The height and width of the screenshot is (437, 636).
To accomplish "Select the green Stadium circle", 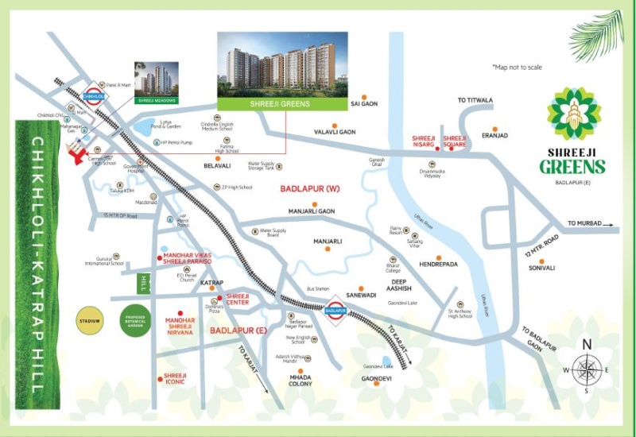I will [x=91, y=321].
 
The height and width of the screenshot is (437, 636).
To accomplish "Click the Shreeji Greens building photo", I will [x=282, y=64].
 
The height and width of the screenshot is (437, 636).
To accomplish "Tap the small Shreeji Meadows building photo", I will [x=155, y=79].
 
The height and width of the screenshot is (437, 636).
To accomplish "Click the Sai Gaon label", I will [x=364, y=104].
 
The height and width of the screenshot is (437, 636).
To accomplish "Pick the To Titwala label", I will [x=475, y=100].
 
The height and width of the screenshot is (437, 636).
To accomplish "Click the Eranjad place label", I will [x=494, y=135].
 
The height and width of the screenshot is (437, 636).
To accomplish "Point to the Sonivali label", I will [x=541, y=268].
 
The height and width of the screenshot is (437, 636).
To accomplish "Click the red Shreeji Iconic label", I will [x=175, y=378].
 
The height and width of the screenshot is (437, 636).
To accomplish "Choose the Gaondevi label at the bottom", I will [x=376, y=379].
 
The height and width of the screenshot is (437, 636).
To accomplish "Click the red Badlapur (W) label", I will [x=310, y=189].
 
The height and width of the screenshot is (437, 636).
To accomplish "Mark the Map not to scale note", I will [x=517, y=68].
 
